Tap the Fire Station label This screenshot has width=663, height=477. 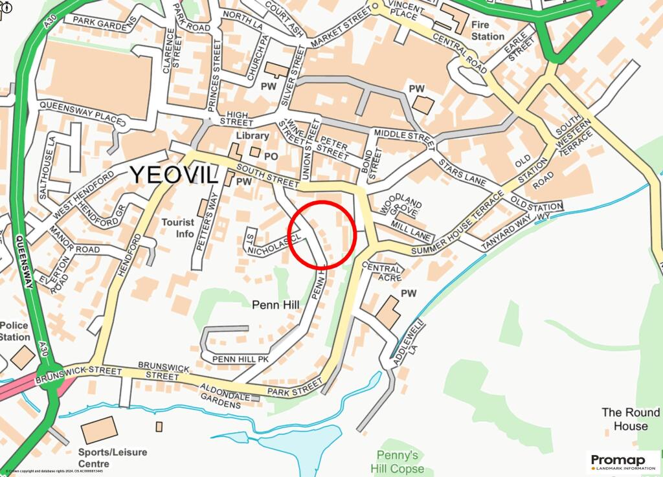coord(487,30)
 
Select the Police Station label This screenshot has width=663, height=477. coord(14,331)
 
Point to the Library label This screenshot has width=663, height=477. coord(252,135)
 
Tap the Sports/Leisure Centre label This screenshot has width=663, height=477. coord(112,458)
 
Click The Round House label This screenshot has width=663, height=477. coord(631,419)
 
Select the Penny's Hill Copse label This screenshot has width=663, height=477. coord(398,461)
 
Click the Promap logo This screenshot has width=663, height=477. coord(622,461)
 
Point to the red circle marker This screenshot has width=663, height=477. coord(322,234)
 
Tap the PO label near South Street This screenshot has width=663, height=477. coord(271,156)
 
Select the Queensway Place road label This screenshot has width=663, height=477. coord(80,113)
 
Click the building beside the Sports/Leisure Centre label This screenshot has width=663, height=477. coord(99,430)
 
